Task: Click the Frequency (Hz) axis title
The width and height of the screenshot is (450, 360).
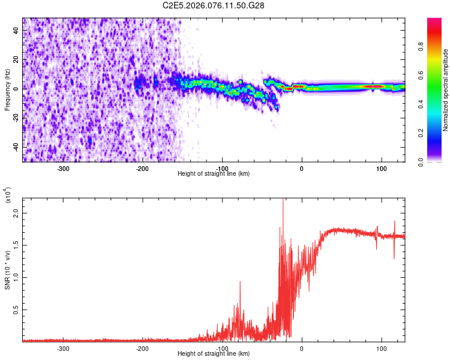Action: click(x=7, y=89)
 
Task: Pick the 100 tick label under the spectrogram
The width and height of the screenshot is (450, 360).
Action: click(x=381, y=168)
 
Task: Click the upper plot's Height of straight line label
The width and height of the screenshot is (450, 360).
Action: click(x=214, y=174)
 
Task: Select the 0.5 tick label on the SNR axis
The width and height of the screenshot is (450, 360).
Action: click(x=17, y=309)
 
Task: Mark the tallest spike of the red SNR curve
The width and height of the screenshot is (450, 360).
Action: click(x=283, y=202)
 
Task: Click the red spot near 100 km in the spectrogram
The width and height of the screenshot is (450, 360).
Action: click(x=375, y=86)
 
